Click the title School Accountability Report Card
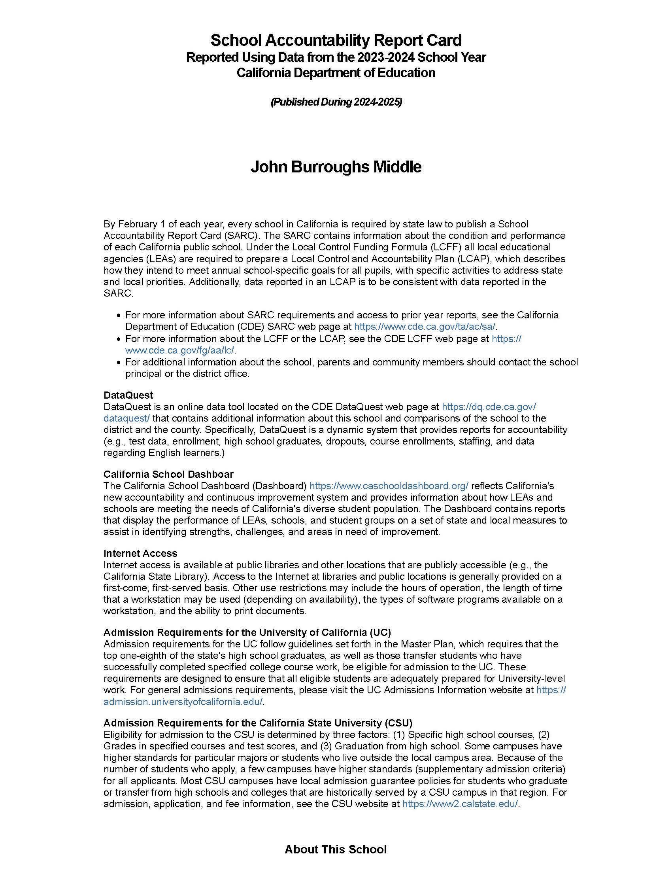pos(336,40)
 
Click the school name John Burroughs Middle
pos(336,167)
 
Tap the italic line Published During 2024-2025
pos(336,102)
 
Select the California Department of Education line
pos(336,73)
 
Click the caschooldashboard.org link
pos(389,486)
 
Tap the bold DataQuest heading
pos(128,395)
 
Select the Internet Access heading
pos(140,553)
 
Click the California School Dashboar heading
pos(168,475)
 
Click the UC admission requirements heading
pos(247,633)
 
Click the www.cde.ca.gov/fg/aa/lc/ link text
pos(180,350)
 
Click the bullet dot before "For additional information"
pos(118,363)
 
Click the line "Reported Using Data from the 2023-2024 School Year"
pos(336,57)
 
